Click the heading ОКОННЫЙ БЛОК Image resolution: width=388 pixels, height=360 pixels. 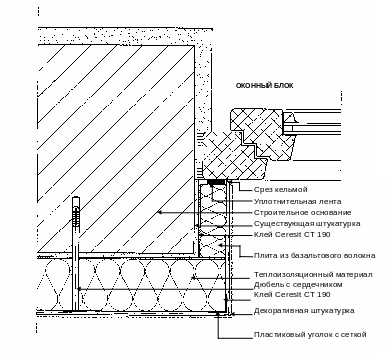point(265,86)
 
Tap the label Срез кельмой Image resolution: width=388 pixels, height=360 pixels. point(281,190)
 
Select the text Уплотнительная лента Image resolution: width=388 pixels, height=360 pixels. point(298,201)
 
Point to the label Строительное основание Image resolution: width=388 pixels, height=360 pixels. point(303,212)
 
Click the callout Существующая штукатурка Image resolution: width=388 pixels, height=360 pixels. point(307,223)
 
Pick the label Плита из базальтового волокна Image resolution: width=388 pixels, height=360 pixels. point(315,256)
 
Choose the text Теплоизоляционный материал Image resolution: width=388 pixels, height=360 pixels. point(313,275)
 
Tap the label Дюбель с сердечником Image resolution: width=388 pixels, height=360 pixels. point(298,285)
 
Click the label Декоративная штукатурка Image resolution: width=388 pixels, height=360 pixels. point(304,311)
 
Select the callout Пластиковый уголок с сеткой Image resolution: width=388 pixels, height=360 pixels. point(310,334)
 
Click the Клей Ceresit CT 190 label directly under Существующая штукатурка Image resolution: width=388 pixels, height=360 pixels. point(292,234)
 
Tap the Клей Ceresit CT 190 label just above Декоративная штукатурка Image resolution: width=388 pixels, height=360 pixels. point(292,294)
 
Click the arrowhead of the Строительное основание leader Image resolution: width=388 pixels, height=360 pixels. point(160,212)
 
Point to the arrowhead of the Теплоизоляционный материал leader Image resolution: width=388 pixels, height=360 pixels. point(193,277)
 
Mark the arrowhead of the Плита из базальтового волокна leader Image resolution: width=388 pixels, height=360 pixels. point(220,246)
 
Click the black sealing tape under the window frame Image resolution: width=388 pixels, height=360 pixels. point(216,182)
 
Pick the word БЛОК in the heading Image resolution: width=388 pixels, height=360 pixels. point(284,86)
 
